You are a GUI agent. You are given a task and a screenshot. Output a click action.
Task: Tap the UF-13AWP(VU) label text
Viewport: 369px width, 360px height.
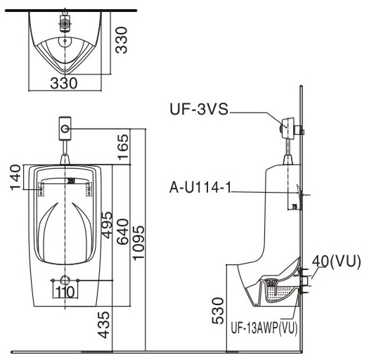[264, 328]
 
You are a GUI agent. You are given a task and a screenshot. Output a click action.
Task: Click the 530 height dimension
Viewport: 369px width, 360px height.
[218, 307]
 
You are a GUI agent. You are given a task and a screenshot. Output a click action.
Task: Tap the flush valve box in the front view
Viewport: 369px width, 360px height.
[65, 129]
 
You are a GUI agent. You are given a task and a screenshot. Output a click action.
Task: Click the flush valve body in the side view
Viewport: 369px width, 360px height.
[290, 129]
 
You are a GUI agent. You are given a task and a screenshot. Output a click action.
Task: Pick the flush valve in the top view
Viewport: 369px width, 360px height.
[65, 23]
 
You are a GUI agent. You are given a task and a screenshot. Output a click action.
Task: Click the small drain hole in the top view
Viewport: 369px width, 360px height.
[66, 40]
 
